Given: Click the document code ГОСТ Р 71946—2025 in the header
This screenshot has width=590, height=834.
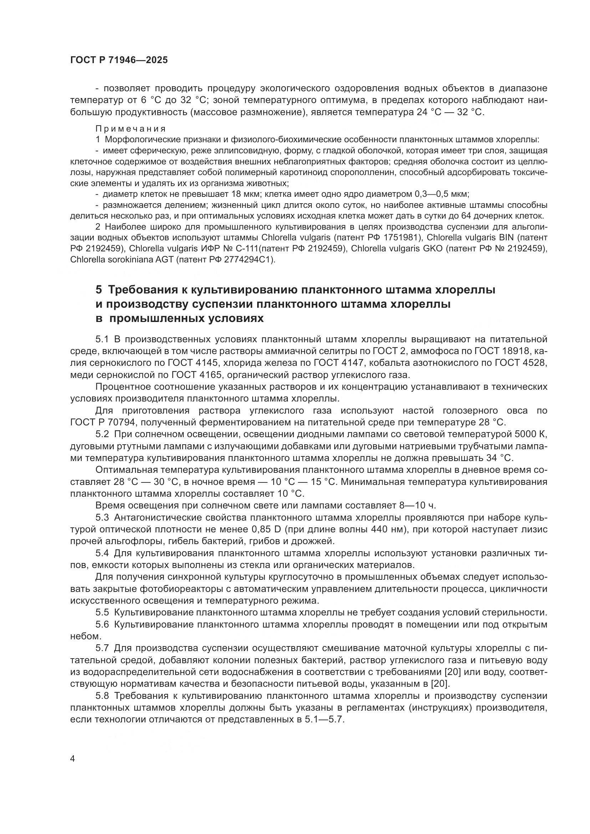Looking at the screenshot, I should (119, 60).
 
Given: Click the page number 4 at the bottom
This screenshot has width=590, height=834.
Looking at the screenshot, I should (73, 759).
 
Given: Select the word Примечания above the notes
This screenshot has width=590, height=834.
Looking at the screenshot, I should (131, 129).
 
